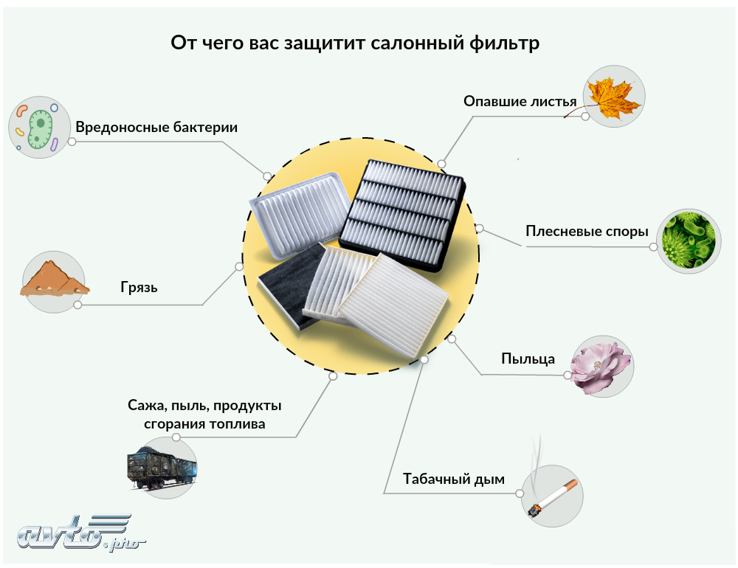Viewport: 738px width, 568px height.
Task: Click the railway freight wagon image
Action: click(163, 465)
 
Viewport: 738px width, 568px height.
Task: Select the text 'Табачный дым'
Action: click(454, 479)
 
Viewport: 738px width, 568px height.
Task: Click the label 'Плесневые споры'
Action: click(587, 232)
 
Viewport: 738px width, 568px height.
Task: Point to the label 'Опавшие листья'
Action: click(520, 100)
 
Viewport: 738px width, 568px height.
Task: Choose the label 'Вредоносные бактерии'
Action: click(156, 127)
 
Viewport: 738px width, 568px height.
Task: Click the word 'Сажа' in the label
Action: click(143, 406)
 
